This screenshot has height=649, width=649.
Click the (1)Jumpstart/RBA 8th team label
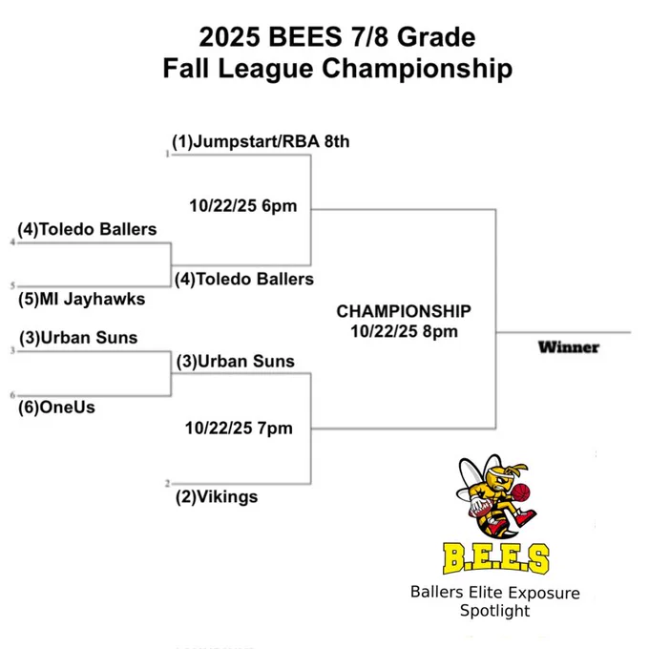coord(261,141)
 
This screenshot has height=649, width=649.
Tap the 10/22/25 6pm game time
coord(243,206)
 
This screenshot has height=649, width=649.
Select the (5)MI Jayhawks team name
coord(81,299)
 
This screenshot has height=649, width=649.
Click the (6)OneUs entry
coord(56,408)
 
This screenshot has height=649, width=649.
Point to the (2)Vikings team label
coord(217,496)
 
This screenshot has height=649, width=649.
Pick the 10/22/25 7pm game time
coord(239,428)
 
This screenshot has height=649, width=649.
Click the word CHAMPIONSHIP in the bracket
coord(404,311)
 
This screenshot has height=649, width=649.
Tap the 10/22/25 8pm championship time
coord(404,331)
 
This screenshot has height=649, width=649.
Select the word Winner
coord(569,347)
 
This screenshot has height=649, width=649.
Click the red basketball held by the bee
coord(521,493)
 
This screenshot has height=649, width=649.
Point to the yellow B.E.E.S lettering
coord(496,558)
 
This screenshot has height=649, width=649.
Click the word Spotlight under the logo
coord(494,612)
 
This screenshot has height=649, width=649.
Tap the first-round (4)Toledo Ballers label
coord(87,229)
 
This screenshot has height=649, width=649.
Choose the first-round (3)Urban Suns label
coord(78,338)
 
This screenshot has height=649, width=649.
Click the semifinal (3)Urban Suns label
coord(236,362)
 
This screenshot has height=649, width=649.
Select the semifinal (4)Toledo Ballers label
coord(244,279)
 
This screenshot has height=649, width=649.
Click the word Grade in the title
coord(436,37)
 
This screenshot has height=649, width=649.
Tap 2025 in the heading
coord(230,37)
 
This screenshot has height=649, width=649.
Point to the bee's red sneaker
coord(525,517)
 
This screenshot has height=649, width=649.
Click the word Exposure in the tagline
coord(544,593)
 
